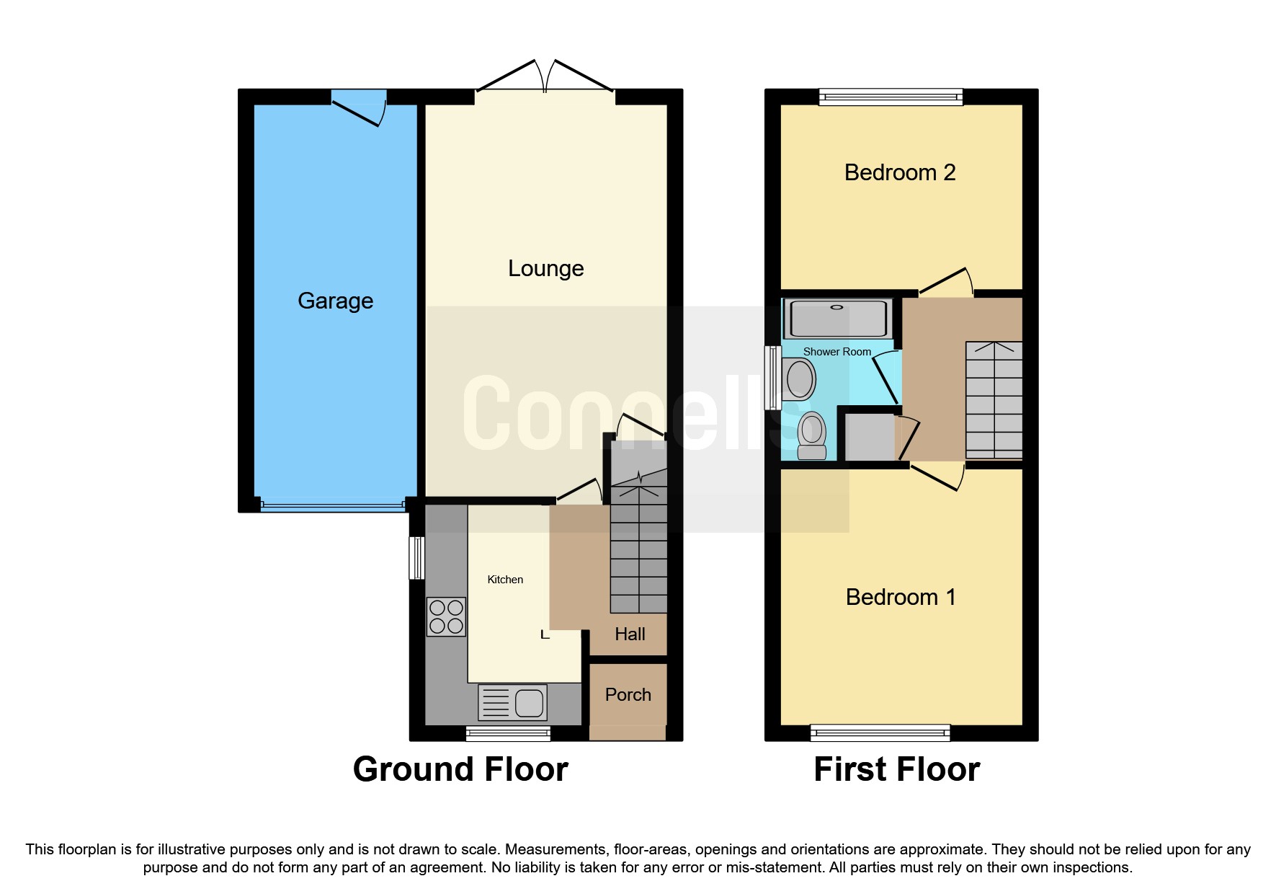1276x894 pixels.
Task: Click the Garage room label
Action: pyautogui.click(x=335, y=301)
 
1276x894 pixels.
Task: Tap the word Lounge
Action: pyautogui.click(x=545, y=268)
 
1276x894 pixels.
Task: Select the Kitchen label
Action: pyautogui.click(x=505, y=580)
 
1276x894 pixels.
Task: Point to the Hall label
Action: pyautogui.click(x=630, y=634)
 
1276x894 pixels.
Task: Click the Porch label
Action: pyautogui.click(x=628, y=694)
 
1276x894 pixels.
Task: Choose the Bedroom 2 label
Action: pyautogui.click(x=900, y=172)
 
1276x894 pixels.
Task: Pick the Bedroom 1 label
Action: pyautogui.click(x=901, y=597)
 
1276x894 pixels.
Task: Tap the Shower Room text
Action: pyautogui.click(x=837, y=352)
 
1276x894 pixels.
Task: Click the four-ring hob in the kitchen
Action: pyautogui.click(x=447, y=617)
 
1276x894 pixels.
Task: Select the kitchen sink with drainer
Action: pyautogui.click(x=512, y=702)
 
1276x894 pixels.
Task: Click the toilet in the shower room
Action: pyautogui.click(x=812, y=435)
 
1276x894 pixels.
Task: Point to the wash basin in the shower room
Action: pyautogui.click(x=799, y=379)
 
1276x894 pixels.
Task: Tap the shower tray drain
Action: pyautogui.click(x=836, y=308)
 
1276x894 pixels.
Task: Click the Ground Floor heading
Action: pyautogui.click(x=460, y=769)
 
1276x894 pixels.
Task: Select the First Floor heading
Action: pyautogui.click(x=897, y=769)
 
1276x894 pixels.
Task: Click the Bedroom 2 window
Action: pyautogui.click(x=891, y=97)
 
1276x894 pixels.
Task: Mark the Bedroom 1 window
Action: pyautogui.click(x=880, y=733)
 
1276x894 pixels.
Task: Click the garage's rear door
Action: pyautogui.click(x=359, y=107)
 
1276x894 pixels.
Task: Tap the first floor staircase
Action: pyautogui.click(x=994, y=400)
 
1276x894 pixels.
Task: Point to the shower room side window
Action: pyautogui.click(x=773, y=378)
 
